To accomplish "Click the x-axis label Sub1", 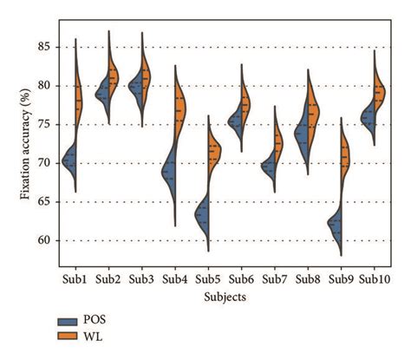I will [x=75, y=279].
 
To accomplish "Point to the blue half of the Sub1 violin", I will [x=70, y=160].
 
